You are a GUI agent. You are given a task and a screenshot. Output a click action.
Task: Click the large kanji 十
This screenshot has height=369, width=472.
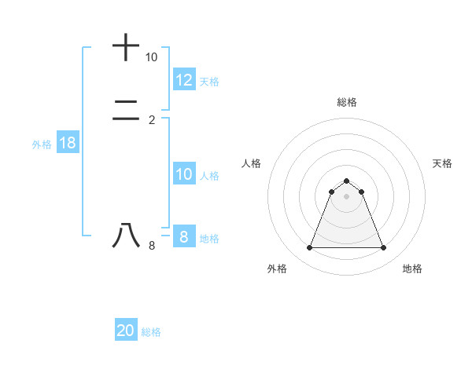pos(126,47)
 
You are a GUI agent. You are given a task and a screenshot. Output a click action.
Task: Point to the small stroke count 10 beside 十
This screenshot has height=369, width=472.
pos(151,57)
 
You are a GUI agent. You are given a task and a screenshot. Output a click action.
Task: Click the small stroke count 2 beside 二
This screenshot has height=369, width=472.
pos(152,119)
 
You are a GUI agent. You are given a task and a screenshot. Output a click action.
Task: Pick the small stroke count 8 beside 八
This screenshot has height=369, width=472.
pos(152,246)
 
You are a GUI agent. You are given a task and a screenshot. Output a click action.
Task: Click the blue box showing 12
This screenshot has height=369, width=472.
pos(184,79)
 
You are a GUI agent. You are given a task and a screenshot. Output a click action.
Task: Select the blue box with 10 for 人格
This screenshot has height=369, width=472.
pos(184,174)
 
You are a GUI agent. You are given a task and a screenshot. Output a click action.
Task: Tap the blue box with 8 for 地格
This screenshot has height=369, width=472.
pos(184,236)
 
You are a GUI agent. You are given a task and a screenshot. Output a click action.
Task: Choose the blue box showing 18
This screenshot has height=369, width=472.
pos(67,143)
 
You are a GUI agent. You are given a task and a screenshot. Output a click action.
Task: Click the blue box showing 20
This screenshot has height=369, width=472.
pos(126,331)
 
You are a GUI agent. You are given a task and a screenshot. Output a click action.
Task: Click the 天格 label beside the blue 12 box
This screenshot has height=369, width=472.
pos(209,81)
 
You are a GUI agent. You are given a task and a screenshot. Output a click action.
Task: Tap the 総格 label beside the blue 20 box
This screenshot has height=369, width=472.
pos(151,332)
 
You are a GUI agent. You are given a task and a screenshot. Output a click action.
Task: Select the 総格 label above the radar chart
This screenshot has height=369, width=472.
pos(346,102)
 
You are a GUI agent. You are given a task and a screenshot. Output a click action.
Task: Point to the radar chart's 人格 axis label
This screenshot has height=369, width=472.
pos(251,163)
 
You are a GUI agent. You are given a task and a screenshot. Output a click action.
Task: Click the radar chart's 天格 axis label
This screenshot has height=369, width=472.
pos(442,163)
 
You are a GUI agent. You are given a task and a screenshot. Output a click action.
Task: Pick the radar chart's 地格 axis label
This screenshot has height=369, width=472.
pos(412,269)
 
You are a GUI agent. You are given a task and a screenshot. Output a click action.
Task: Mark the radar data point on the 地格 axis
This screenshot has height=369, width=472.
pos(383,248)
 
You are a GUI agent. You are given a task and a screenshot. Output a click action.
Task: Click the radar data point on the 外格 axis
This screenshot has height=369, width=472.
pos(309,248)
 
